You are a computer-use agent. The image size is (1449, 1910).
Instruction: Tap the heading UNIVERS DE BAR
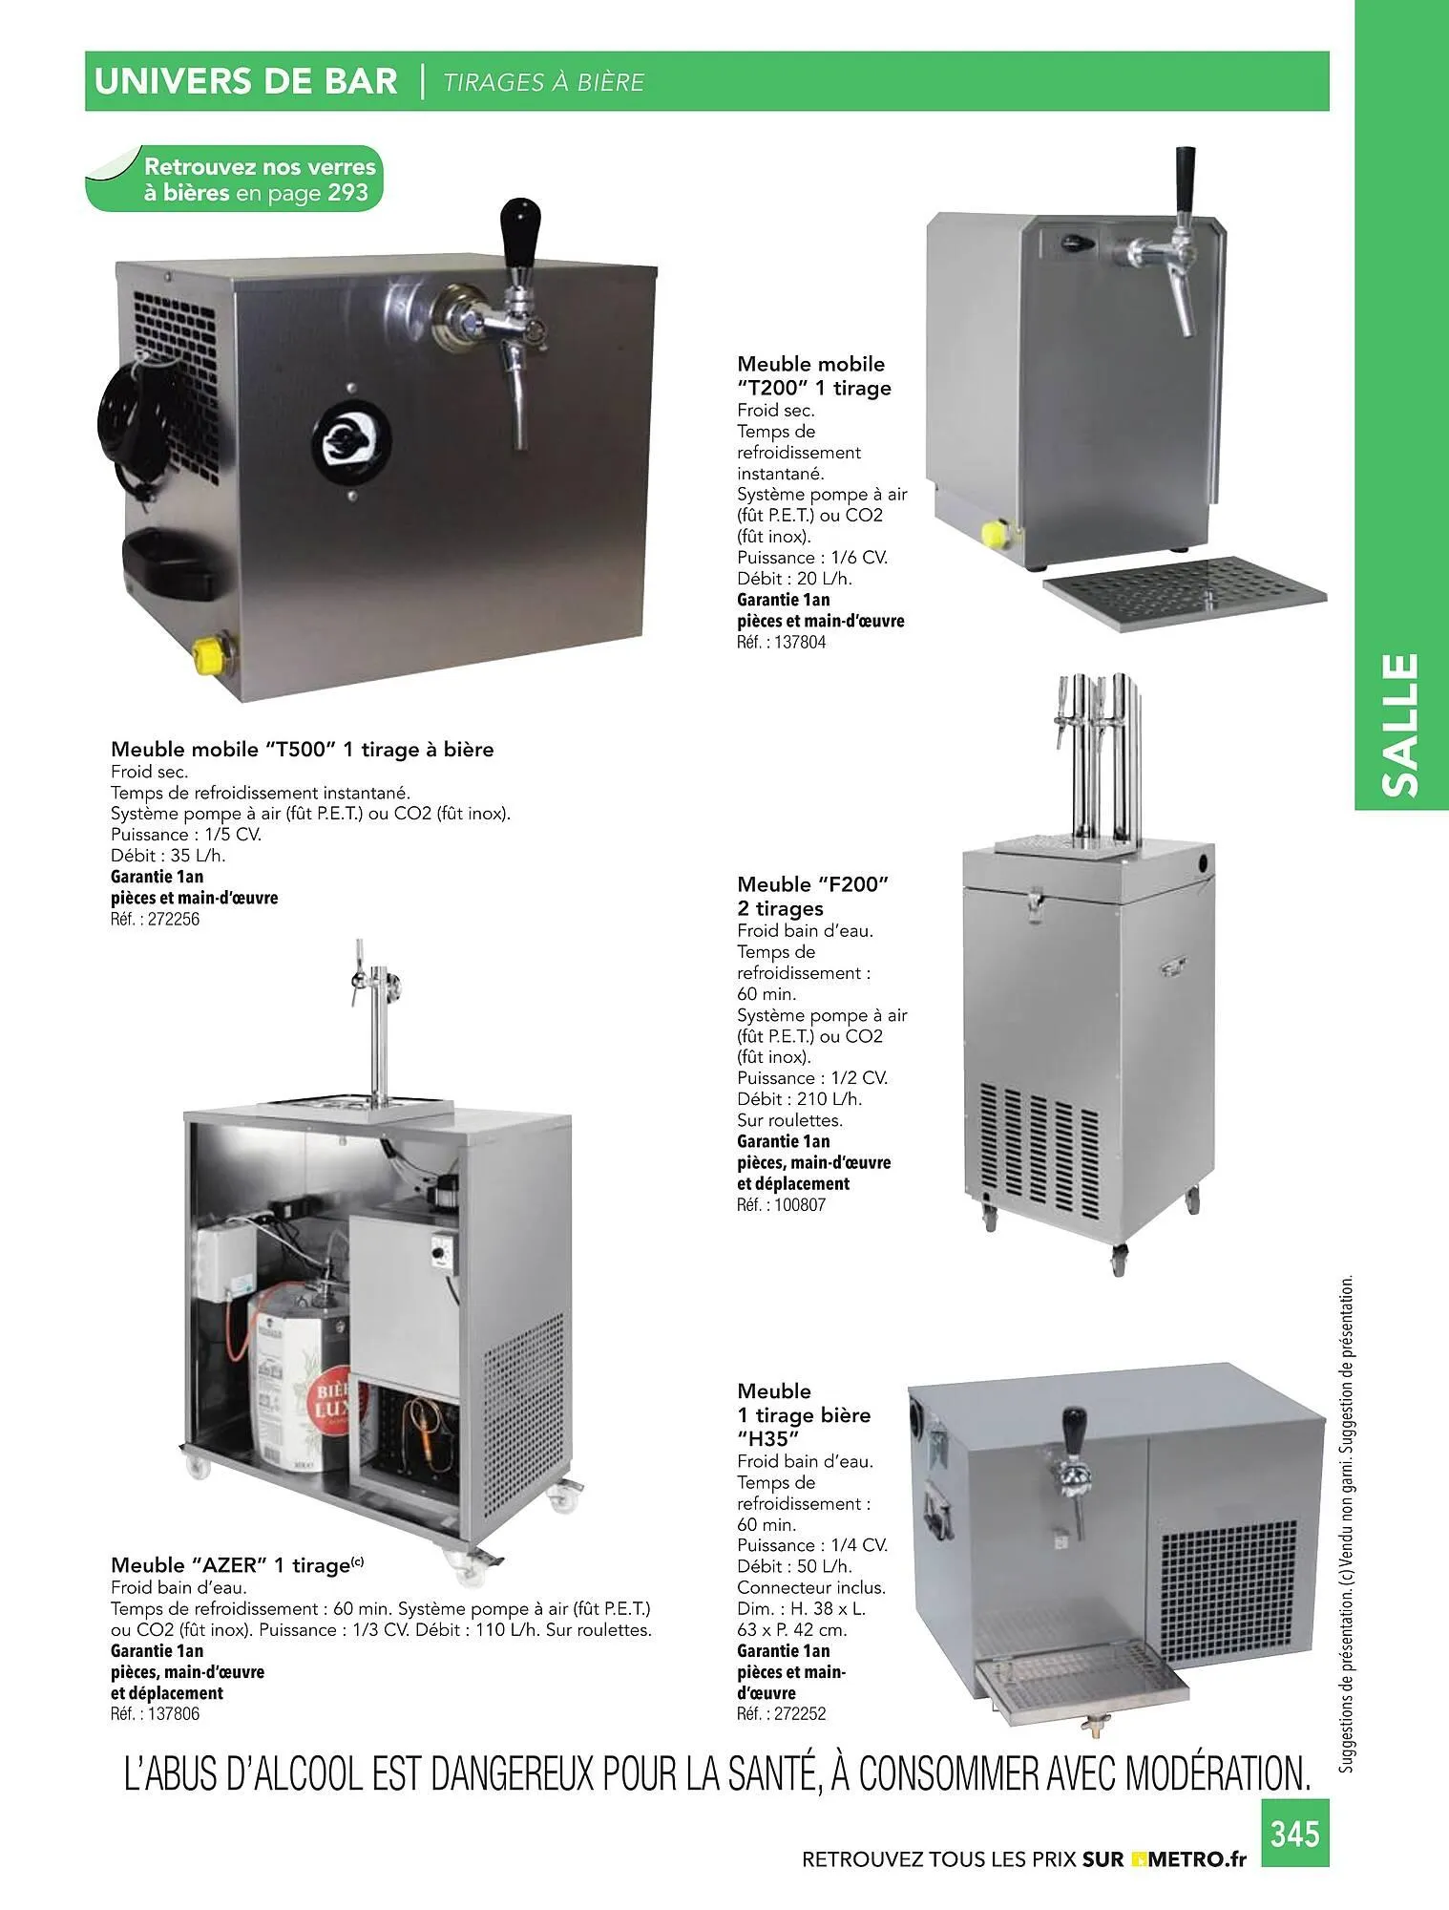coord(245,82)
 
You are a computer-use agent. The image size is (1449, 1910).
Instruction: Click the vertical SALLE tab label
coord(1401,725)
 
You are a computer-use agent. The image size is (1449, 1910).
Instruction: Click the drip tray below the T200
coord(1185,592)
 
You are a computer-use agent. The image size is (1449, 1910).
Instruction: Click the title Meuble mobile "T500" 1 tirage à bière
coord(303,750)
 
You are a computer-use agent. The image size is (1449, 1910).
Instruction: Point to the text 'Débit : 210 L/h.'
coord(799,1099)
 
